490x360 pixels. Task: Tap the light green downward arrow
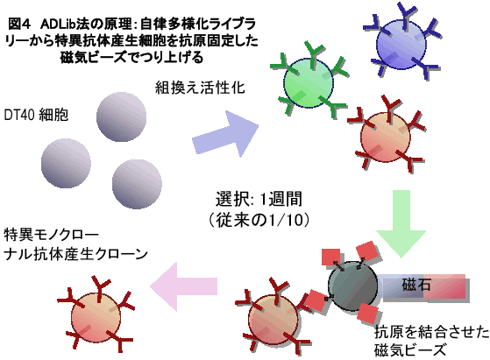click(401, 223)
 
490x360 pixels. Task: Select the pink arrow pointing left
click(183, 286)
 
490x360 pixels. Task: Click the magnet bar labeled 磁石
click(424, 286)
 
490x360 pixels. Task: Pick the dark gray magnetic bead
click(352, 286)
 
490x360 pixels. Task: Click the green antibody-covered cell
click(309, 82)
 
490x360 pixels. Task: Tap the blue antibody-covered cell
click(401, 44)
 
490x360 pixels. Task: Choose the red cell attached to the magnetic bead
click(273, 319)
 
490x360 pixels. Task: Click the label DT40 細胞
click(36, 115)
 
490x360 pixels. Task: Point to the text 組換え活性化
click(200, 88)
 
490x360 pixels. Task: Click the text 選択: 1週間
click(259, 199)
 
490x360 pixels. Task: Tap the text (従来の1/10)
click(259, 220)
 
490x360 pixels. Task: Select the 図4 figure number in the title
click(18, 24)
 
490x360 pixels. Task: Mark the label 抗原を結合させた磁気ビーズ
click(431, 341)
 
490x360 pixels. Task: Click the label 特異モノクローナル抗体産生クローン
click(75, 244)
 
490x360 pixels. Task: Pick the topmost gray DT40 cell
click(121, 116)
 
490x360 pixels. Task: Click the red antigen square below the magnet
click(368, 314)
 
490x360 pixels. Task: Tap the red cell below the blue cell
click(386, 137)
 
